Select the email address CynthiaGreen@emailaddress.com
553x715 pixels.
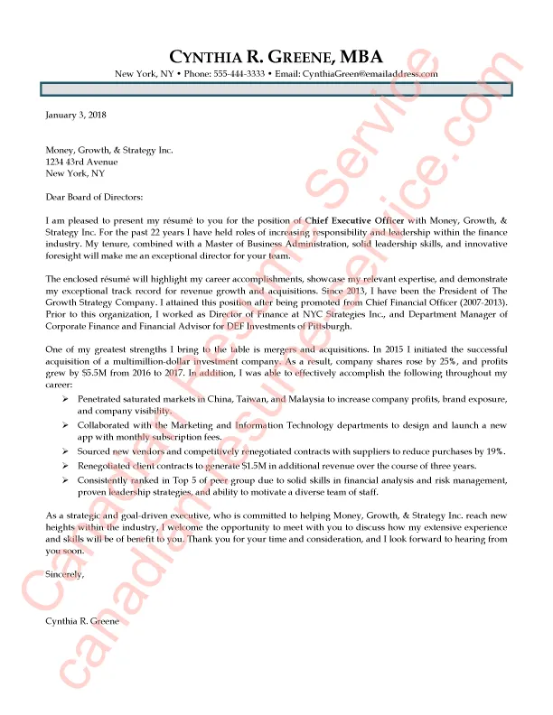[x=370, y=74]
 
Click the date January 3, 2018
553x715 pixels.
[x=77, y=116]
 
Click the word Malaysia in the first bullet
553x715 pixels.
[x=314, y=398]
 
